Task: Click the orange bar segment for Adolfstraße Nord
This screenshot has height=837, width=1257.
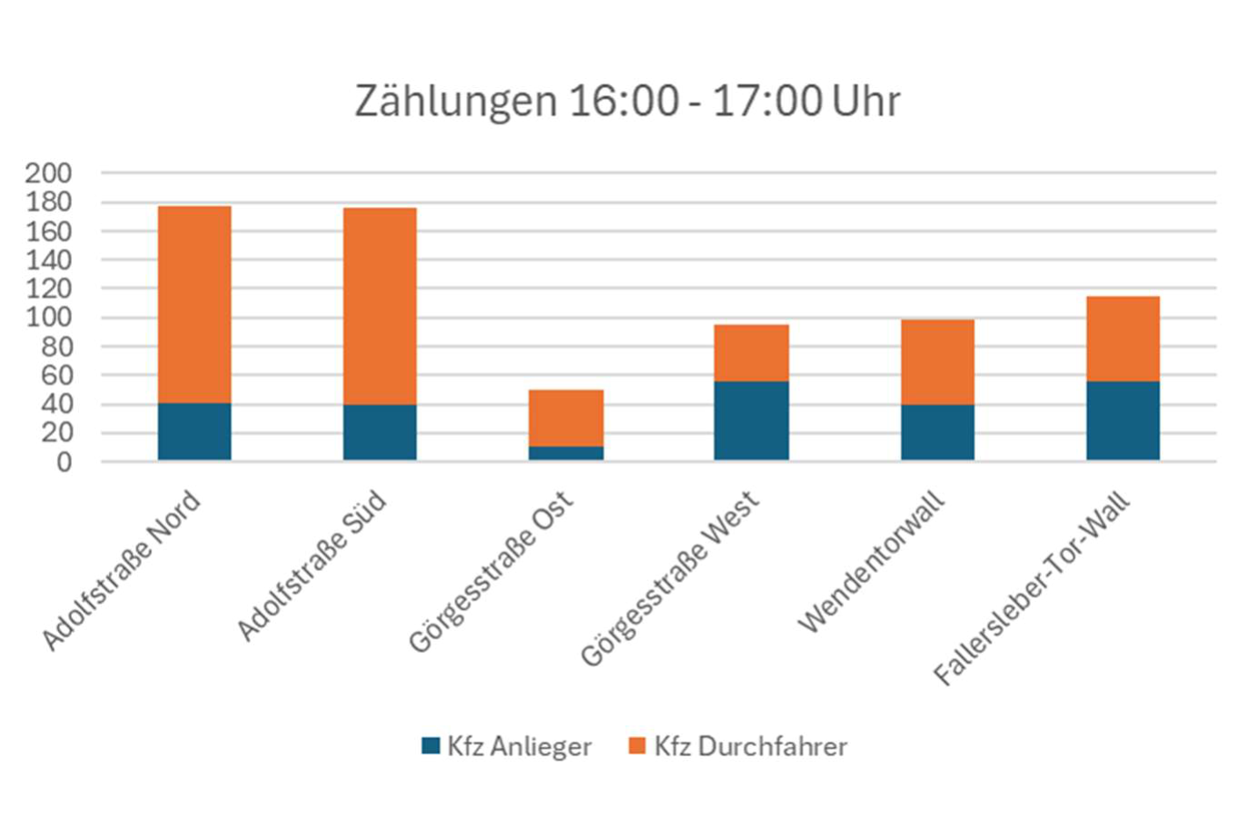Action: coord(194,304)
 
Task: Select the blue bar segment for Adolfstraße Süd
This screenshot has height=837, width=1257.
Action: coord(380,432)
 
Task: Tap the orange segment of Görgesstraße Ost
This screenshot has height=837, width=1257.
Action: coord(566,418)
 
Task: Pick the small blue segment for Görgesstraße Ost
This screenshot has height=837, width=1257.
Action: coord(566,453)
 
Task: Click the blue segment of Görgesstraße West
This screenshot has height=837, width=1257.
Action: coord(751,420)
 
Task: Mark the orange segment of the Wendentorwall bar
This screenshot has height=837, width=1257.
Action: coord(937,361)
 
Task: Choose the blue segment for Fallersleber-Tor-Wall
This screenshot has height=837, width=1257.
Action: coord(1123,420)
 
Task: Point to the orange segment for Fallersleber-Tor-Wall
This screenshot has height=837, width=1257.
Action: coord(1123,339)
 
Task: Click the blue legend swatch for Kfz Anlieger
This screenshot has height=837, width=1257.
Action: coord(431,745)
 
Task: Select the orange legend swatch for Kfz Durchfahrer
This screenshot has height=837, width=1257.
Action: coord(638,745)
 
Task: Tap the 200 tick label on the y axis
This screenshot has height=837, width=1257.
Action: coord(48,172)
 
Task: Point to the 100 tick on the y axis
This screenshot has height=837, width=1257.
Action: coord(48,318)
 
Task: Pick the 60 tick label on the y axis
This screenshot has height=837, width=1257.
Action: coord(56,375)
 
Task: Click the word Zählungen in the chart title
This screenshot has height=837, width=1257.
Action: coord(455,101)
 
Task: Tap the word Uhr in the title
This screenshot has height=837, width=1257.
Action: coord(866,101)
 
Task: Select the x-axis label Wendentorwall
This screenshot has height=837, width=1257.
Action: coord(872,563)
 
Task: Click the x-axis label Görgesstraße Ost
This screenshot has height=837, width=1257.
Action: coord(491,572)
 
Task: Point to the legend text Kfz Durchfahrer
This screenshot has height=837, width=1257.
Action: coord(750,746)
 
